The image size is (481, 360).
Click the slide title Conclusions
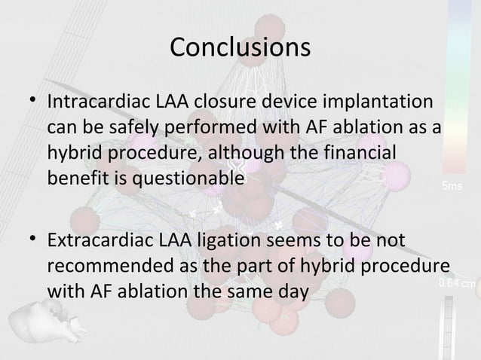click(x=240, y=47)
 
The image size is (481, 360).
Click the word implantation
click(x=386, y=102)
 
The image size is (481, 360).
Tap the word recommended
click(x=104, y=267)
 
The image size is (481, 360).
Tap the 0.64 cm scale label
click(x=457, y=284)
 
